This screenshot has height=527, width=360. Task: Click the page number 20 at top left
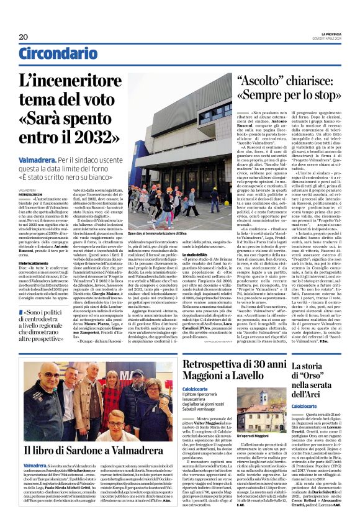click(23, 37)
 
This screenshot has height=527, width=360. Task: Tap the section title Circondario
click(51, 54)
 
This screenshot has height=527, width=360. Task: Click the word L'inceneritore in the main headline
click(68, 82)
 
